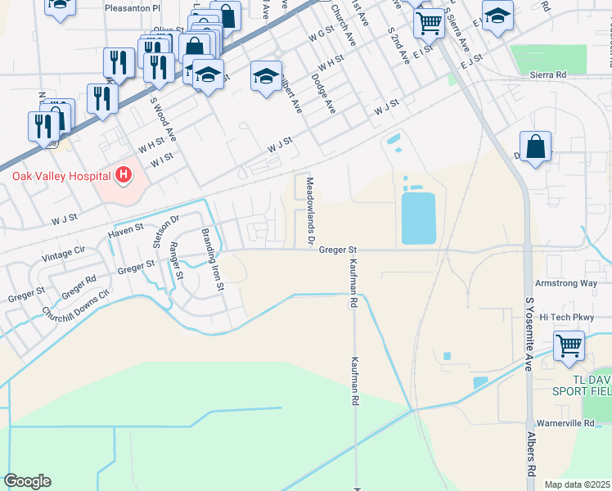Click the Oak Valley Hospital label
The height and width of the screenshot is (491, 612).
click(61, 176)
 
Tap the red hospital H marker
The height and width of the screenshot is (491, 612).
click(123, 174)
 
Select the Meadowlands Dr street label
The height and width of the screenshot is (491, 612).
click(309, 211)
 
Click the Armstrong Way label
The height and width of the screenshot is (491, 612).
click(565, 283)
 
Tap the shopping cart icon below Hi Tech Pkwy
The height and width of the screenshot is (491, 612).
click(569, 345)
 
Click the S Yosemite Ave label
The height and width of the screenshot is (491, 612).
click(529, 334)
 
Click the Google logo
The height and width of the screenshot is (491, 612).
click(28, 481)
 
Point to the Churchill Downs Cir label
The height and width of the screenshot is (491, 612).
click(75, 304)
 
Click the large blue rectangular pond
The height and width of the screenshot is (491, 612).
click(418, 218)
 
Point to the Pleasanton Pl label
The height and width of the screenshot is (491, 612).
click(134, 7)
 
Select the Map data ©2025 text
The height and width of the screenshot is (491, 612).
click(578, 484)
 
